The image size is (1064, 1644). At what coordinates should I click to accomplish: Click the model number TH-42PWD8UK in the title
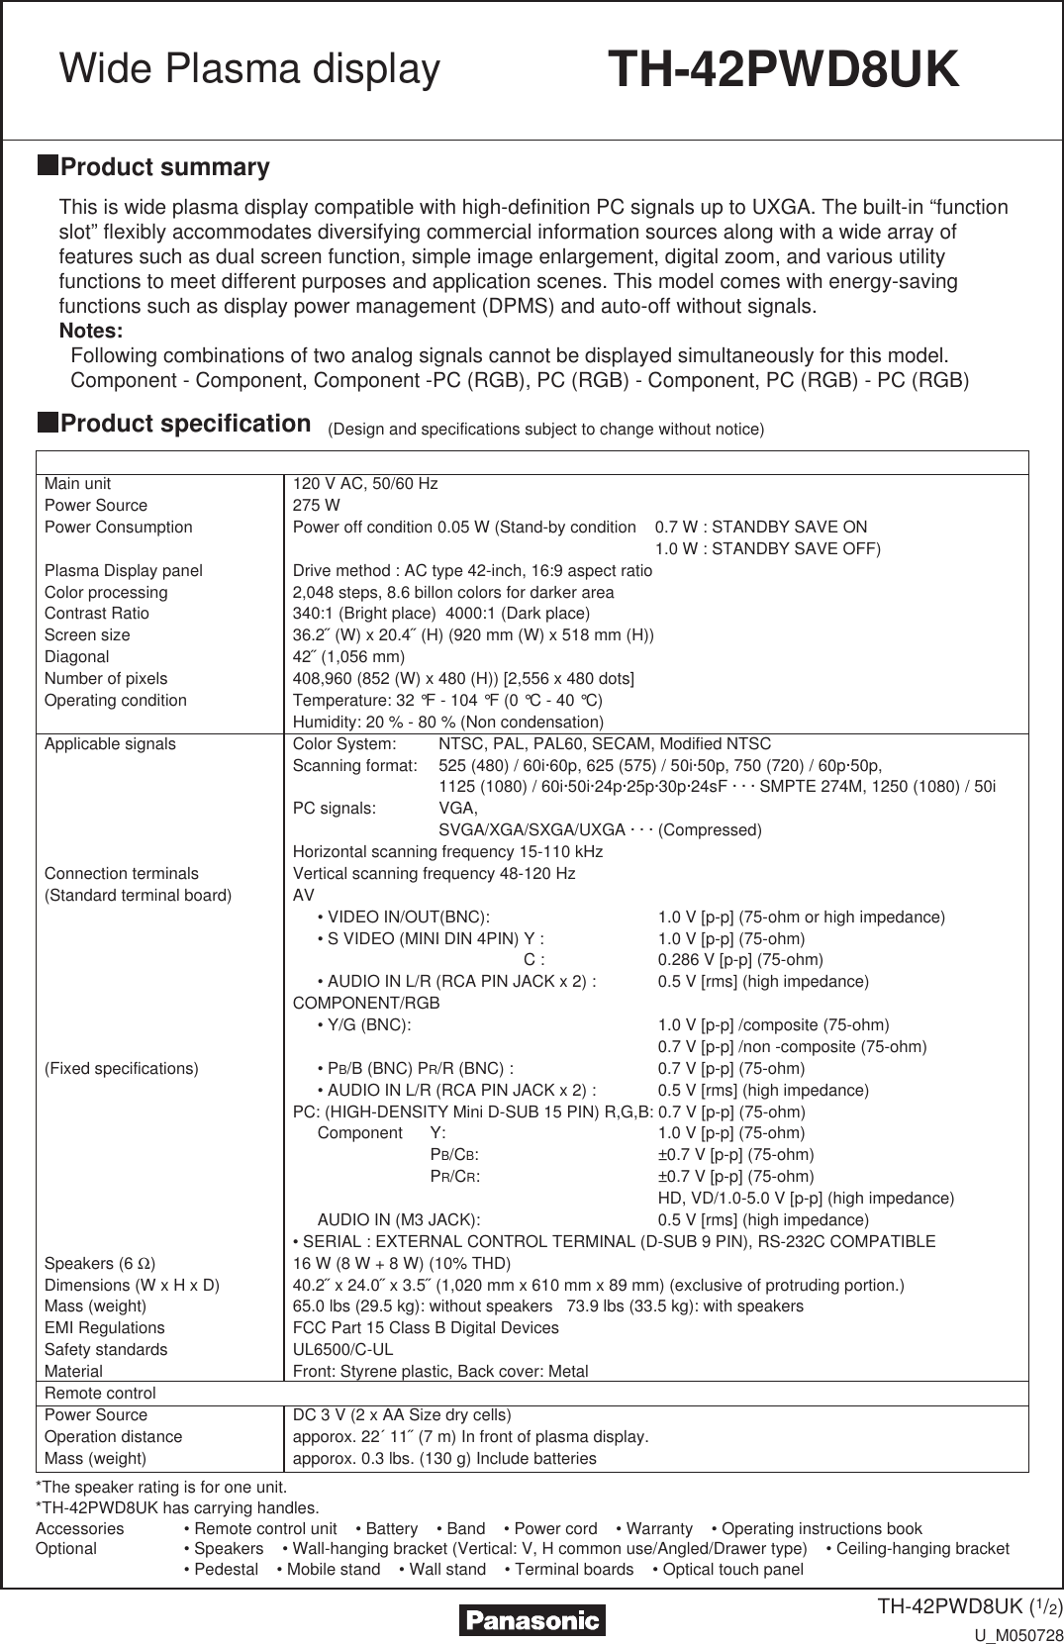(x=783, y=70)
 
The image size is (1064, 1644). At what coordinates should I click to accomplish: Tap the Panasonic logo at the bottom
(x=532, y=1620)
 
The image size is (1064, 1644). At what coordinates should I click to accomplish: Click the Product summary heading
(x=164, y=167)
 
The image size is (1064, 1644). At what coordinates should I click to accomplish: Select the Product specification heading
(x=185, y=424)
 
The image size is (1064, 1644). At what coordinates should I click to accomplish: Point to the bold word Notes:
(x=91, y=331)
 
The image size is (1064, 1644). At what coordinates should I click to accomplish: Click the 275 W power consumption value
(x=316, y=506)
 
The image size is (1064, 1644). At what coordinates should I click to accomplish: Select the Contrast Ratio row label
(x=96, y=614)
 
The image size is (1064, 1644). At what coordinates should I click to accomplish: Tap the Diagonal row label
(x=76, y=657)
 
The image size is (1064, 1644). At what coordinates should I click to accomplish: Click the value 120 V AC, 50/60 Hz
(x=364, y=484)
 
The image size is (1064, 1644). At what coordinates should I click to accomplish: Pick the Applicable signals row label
(x=110, y=744)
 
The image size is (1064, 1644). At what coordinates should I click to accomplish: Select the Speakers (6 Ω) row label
(x=99, y=1264)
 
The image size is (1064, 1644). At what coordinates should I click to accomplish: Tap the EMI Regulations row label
(x=104, y=1328)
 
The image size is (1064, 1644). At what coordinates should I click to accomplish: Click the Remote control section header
(x=100, y=1394)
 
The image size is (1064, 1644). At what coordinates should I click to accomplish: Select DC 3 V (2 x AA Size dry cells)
(x=402, y=1415)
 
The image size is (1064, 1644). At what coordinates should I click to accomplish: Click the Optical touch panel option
(x=732, y=1570)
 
